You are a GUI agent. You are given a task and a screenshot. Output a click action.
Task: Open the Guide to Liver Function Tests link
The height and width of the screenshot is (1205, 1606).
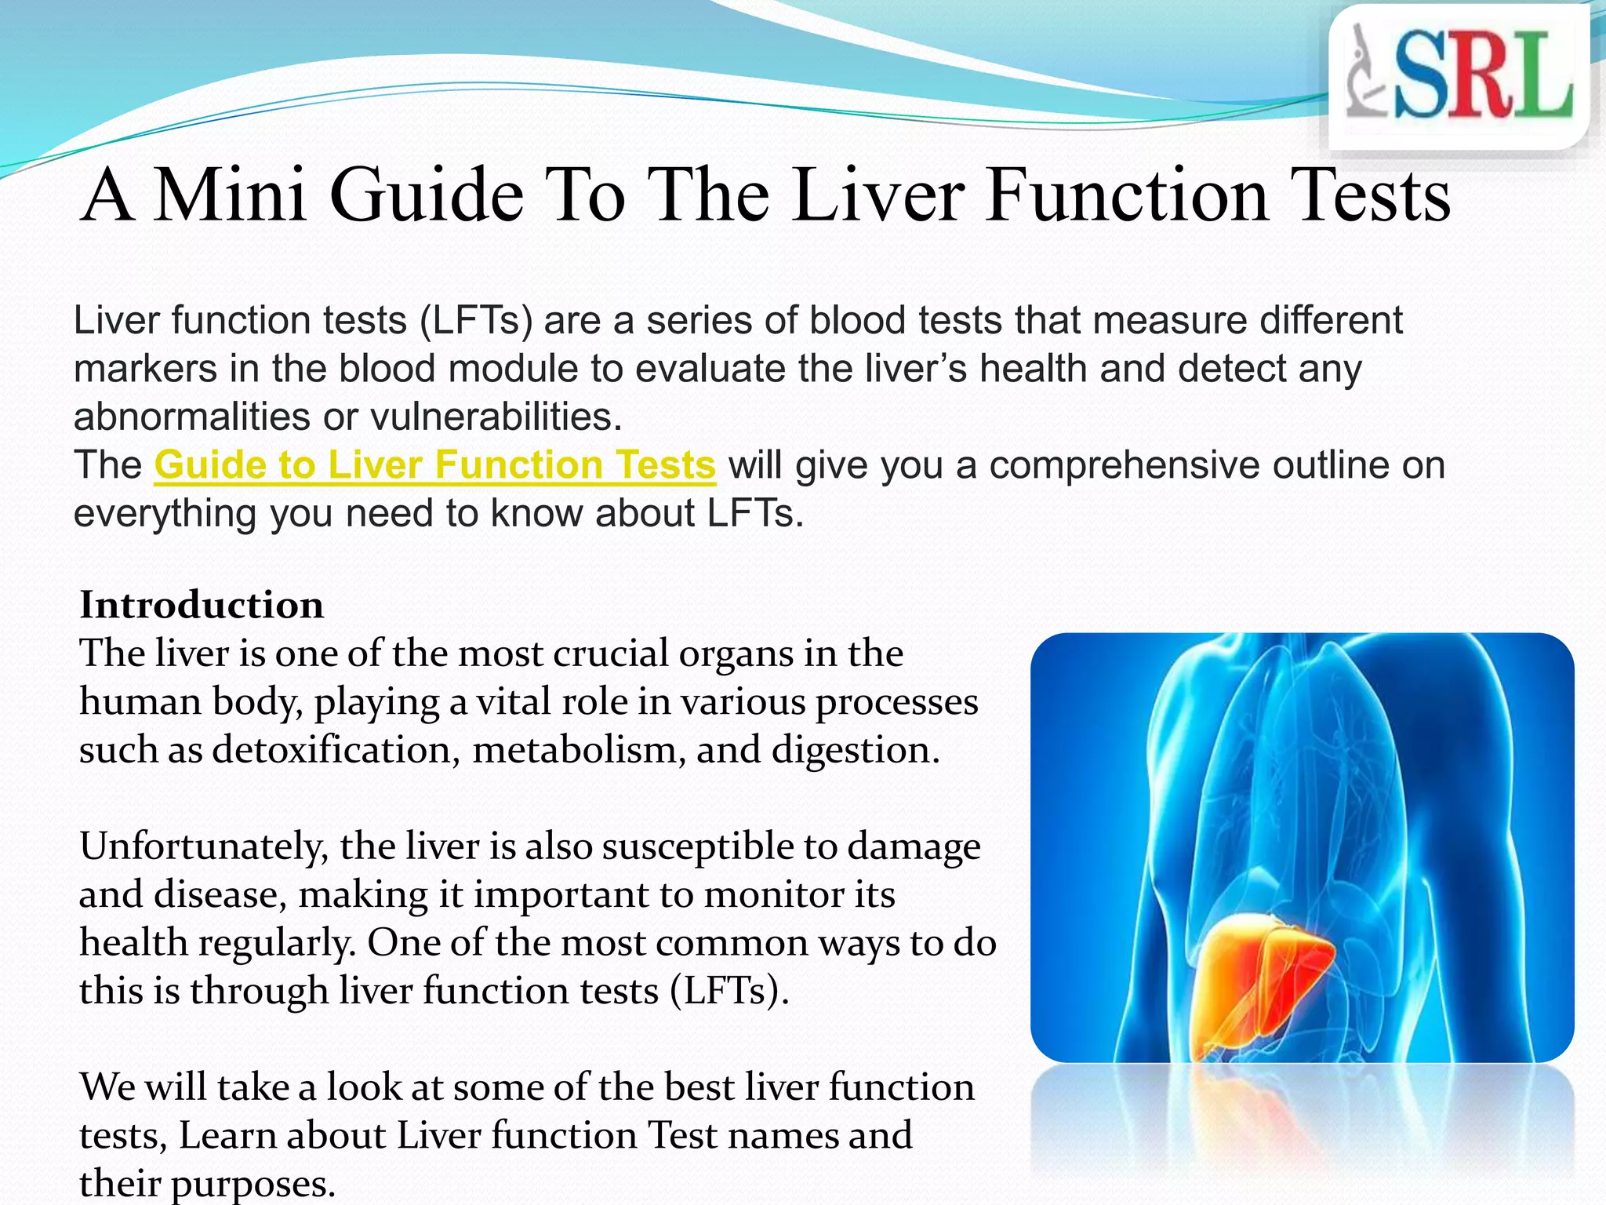point(434,464)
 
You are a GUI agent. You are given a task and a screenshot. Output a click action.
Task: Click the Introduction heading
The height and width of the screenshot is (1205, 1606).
point(202,605)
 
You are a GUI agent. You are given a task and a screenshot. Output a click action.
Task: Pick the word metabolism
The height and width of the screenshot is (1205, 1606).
point(578,749)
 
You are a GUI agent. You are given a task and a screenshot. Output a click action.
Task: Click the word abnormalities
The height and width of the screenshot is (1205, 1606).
point(192,417)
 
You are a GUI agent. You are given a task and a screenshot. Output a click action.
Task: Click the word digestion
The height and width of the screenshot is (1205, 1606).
point(856,749)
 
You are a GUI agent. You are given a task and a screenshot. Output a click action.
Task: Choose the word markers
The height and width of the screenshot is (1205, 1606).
point(145,369)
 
